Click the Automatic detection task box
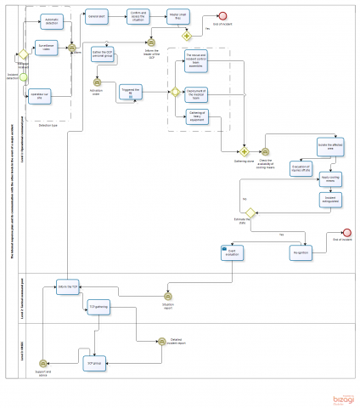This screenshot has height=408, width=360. click(x=51, y=21)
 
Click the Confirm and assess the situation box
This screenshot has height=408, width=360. click(x=138, y=16)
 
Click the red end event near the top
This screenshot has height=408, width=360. click(x=222, y=16)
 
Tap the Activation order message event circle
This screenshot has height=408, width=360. click(x=97, y=82)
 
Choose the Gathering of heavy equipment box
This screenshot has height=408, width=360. click(x=196, y=118)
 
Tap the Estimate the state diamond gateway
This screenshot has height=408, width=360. click(x=251, y=213)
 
